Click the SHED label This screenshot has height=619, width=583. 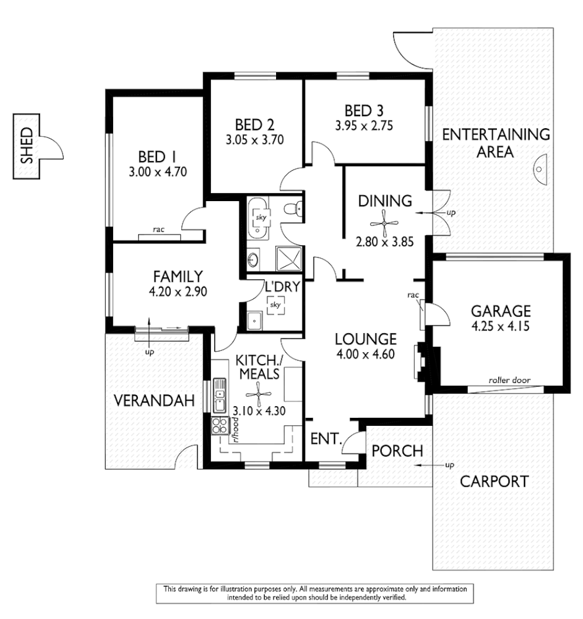click(26, 146)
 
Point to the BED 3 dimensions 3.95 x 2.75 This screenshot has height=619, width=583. click(363, 126)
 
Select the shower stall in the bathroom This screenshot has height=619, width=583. click(286, 258)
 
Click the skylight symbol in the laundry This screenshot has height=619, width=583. click(275, 304)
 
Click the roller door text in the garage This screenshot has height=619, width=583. click(509, 380)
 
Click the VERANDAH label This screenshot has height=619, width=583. click(146, 400)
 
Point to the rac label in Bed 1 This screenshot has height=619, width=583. click(158, 230)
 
